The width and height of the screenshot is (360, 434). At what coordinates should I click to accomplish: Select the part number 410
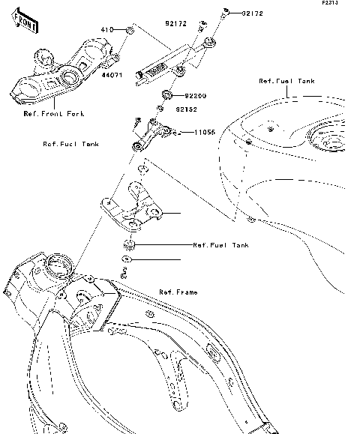tap(106, 30)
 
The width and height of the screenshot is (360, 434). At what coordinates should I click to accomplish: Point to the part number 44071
tap(112, 76)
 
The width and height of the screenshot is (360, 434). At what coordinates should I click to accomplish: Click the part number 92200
tap(195, 97)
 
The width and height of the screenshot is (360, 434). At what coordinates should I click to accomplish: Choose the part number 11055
tap(205, 132)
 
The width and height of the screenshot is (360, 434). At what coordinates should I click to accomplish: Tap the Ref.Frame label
tap(178, 292)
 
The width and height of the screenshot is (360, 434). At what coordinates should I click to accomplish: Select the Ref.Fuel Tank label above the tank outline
tap(286, 81)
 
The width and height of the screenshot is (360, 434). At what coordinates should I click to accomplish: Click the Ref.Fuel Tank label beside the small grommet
tap(220, 245)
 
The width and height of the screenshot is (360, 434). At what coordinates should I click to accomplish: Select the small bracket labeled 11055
tap(154, 132)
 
